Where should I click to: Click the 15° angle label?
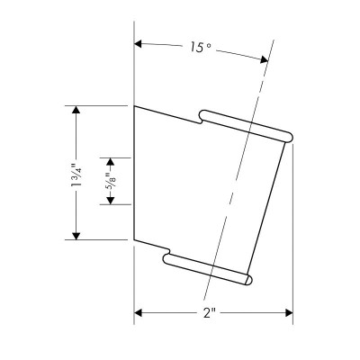pos(201,47)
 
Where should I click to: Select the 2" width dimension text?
pos(210,313)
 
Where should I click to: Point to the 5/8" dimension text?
pos(111,181)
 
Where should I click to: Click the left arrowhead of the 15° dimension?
pos(138,44)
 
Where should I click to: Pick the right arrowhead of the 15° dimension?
pos(265,59)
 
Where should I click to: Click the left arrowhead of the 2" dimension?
pos(138,313)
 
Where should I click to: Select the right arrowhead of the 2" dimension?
pos(289,313)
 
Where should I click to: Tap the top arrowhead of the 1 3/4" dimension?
pos(76,110)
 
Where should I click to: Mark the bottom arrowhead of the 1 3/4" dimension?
pos(76,236)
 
